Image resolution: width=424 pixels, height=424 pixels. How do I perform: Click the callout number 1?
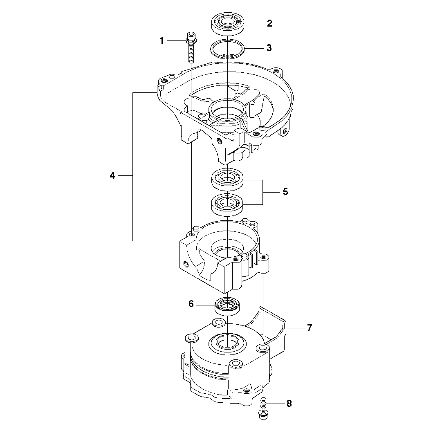pos(162,41)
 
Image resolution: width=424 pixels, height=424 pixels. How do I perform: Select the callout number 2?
pos(269,24)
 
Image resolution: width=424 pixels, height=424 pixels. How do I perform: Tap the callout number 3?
pos(269,48)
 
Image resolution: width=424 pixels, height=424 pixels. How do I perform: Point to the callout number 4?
pos(112,176)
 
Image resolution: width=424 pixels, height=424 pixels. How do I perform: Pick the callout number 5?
pos(285,192)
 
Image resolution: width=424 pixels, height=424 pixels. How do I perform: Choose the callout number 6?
pos(191,304)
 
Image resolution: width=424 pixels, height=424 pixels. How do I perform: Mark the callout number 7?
pos(310,328)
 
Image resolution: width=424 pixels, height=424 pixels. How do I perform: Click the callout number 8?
pos(289,404)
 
